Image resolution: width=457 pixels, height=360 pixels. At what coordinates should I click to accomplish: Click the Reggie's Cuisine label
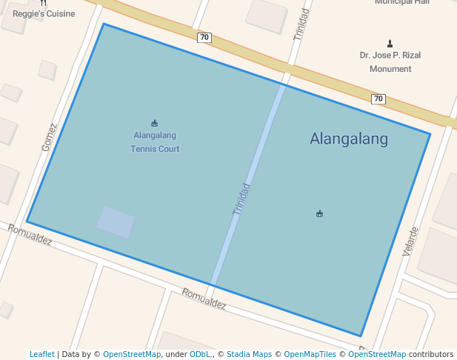[x=44, y=14]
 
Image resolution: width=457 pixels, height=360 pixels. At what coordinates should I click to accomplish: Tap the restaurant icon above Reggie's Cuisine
[x=44, y=3]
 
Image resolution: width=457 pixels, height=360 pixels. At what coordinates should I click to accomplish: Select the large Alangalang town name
[x=348, y=139]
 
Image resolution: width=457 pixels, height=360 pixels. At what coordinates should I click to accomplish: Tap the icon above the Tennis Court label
[x=155, y=123]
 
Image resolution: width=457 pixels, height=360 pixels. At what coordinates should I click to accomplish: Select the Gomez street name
[x=49, y=137]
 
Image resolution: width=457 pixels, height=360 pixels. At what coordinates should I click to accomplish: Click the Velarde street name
[x=410, y=241]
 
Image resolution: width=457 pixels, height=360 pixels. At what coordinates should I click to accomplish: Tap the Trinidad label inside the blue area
[x=241, y=199]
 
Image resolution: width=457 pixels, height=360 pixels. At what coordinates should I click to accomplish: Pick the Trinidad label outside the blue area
[x=301, y=26]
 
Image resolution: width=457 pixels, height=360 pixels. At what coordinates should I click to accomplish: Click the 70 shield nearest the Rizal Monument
[x=378, y=99]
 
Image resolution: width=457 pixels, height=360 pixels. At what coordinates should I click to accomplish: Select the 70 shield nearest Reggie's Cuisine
[x=204, y=37]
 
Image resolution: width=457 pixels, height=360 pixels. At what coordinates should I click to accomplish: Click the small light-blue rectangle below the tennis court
[x=116, y=222]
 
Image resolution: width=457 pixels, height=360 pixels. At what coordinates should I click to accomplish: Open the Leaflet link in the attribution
[x=42, y=354]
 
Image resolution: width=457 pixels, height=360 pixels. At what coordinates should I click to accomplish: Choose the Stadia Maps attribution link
[x=249, y=354]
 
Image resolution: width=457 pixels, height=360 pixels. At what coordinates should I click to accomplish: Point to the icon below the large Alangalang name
[x=319, y=214]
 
